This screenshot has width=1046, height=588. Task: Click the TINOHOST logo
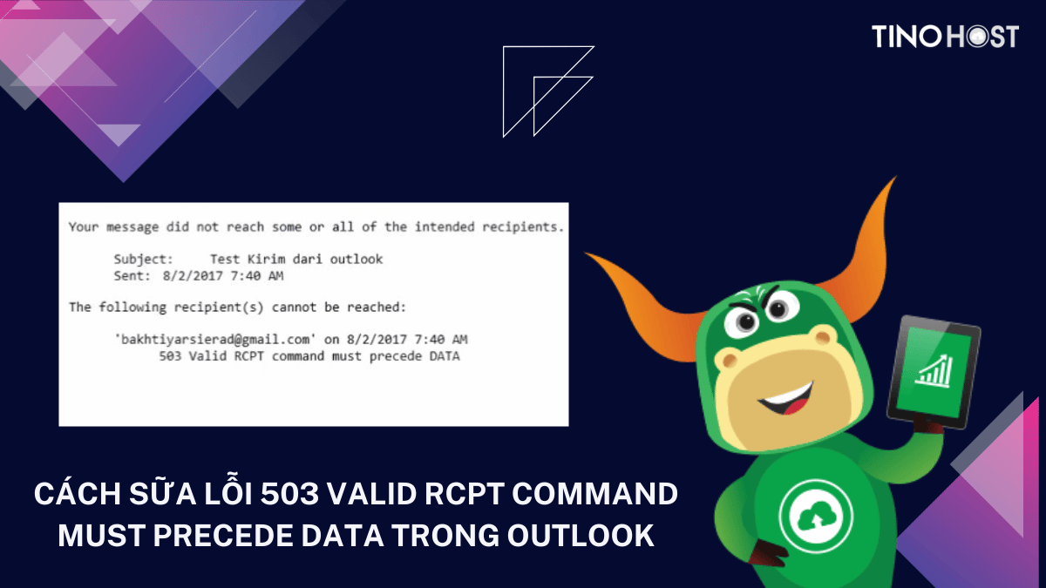[x=945, y=37]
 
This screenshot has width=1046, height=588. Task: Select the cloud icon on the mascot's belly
[x=810, y=513]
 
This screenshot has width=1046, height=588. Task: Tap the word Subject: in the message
[x=144, y=259]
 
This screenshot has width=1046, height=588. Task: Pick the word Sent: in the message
[x=132, y=276]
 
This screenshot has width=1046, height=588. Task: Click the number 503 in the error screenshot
[x=172, y=356]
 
